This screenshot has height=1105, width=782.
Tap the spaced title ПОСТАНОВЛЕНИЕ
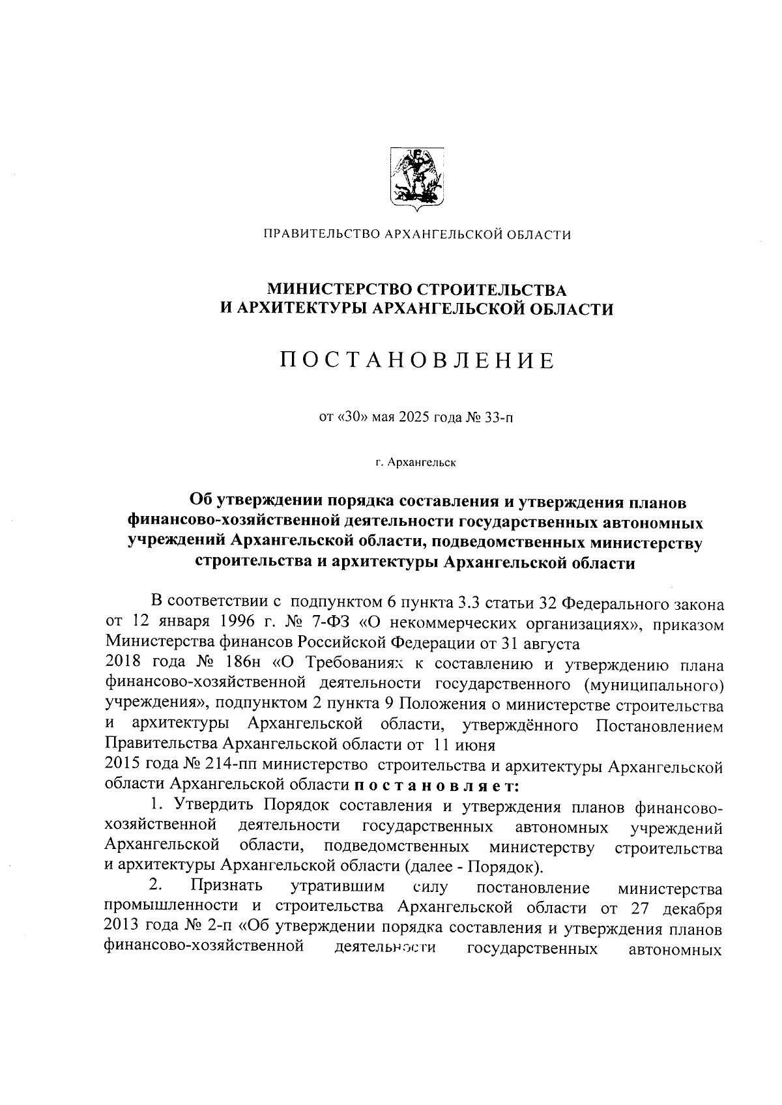pos(417,360)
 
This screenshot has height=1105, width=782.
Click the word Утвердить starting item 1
pos(212,806)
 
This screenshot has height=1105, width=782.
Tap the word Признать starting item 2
pos(226,886)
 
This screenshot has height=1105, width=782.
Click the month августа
pos(549,644)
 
